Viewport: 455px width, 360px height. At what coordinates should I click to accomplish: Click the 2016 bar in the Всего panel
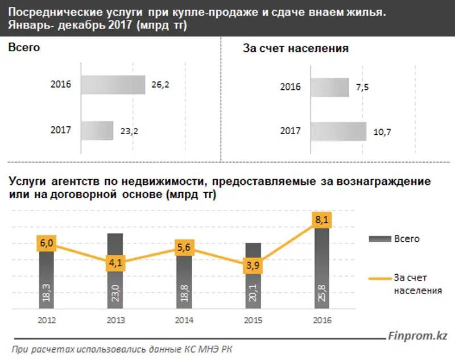click(113, 85)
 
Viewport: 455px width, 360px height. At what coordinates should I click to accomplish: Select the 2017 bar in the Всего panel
click(97, 130)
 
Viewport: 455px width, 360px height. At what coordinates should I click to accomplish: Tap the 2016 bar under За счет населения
click(329, 87)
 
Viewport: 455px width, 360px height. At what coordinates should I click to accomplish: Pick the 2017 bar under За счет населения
click(338, 131)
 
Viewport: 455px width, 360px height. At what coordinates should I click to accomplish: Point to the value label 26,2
click(160, 85)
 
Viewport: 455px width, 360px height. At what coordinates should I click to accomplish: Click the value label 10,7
click(382, 132)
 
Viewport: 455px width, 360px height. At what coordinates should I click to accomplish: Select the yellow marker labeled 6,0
click(46, 243)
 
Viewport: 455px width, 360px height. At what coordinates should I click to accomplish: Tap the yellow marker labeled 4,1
click(114, 264)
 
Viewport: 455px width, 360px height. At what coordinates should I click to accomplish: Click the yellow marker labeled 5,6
click(183, 248)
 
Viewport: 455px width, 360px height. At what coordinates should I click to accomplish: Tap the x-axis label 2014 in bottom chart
click(183, 320)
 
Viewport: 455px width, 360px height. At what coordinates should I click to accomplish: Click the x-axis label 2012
click(46, 320)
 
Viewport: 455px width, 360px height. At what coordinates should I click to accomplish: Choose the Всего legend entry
click(398, 239)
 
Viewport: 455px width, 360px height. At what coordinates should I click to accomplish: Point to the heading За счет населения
click(295, 49)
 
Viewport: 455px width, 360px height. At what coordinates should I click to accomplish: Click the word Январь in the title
click(28, 26)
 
